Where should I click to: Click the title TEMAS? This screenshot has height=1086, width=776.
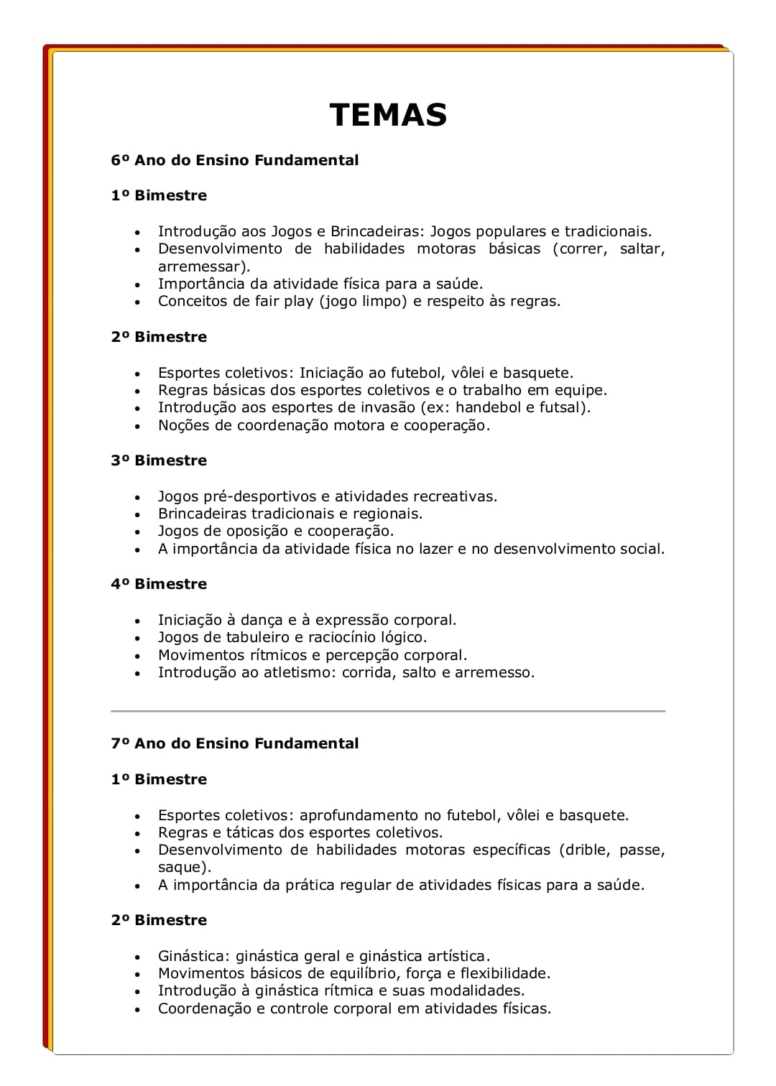coord(388,115)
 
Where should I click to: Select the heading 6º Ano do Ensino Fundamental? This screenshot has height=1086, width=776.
coord(234,160)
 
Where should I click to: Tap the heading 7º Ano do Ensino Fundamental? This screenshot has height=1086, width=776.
coord(234,743)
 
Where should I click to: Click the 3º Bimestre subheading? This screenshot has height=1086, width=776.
coord(159,460)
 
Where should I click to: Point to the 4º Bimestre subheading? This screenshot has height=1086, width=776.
coord(159,584)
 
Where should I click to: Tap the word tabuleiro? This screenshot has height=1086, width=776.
coord(257,637)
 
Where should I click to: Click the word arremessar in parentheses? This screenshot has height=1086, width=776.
coord(201,266)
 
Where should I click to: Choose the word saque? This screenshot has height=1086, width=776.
coord(181,867)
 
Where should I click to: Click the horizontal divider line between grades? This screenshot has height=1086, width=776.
coord(388,711)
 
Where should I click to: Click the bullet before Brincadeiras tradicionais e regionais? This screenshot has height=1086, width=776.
coord(137,515)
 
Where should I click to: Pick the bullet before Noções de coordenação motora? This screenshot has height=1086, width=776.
coord(137,427)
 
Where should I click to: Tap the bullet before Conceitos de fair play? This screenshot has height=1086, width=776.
coord(137,302)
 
